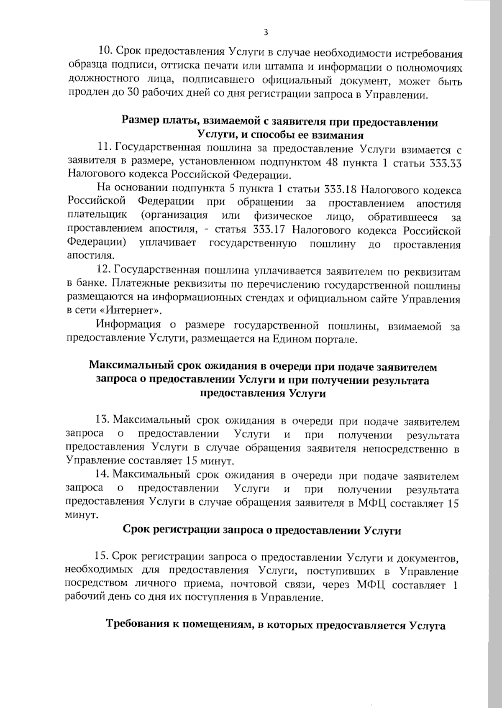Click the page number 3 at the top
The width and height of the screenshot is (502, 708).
click(x=266, y=32)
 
